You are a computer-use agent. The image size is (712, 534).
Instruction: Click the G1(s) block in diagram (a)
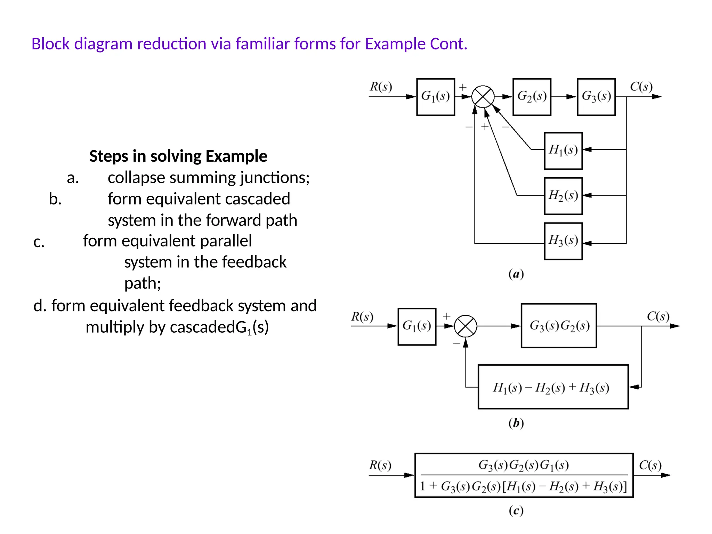click(435, 97)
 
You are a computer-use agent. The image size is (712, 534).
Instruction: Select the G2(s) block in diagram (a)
click(532, 97)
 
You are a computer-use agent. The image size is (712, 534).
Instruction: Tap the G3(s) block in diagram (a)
click(596, 97)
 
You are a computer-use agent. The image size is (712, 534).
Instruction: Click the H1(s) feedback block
click(563, 151)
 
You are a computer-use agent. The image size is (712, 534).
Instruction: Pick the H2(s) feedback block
click(563, 196)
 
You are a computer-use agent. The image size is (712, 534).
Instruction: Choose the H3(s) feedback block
click(563, 241)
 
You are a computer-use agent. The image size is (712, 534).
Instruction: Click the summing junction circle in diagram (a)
click(483, 97)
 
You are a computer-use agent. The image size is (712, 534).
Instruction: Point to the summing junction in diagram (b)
click(466, 326)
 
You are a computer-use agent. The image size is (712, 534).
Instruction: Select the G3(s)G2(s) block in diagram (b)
click(559, 326)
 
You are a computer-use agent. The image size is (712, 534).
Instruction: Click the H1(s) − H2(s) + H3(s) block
click(553, 387)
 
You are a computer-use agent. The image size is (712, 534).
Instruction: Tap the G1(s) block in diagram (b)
click(416, 326)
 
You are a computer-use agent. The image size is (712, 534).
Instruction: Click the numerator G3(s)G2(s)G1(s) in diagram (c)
click(524, 465)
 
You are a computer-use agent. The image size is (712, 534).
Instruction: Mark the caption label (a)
click(516, 274)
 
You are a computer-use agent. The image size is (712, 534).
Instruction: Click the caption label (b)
click(516, 423)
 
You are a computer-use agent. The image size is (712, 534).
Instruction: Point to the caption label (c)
click(516, 510)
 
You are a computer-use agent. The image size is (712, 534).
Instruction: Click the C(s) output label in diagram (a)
click(641, 87)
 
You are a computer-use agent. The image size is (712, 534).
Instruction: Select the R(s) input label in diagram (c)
click(380, 465)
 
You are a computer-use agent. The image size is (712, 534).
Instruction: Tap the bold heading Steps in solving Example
click(178, 156)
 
